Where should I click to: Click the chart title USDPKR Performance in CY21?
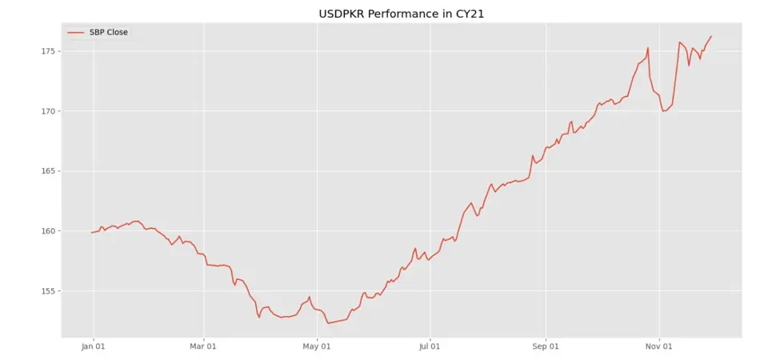click(379, 14)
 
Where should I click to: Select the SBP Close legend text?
click(108, 33)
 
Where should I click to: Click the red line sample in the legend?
click(76, 33)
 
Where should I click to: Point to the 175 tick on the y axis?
click(46, 51)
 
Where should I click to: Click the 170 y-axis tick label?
click(46, 111)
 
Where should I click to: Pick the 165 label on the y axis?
click(46, 171)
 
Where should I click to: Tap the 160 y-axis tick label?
click(46, 231)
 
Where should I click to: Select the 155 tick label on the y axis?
click(46, 291)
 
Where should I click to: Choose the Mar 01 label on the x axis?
click(203, 346)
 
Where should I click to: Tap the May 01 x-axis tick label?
click(317, 346)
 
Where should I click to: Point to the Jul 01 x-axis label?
click(430, 346)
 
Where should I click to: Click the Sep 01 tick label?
click(545, 346)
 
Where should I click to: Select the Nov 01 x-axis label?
click(658, 346)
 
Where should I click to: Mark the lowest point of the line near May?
click(328, 323)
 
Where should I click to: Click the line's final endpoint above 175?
click(711, 36)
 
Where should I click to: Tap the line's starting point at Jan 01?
click(93, 233)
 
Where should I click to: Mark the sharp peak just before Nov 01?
click(648, 48)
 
